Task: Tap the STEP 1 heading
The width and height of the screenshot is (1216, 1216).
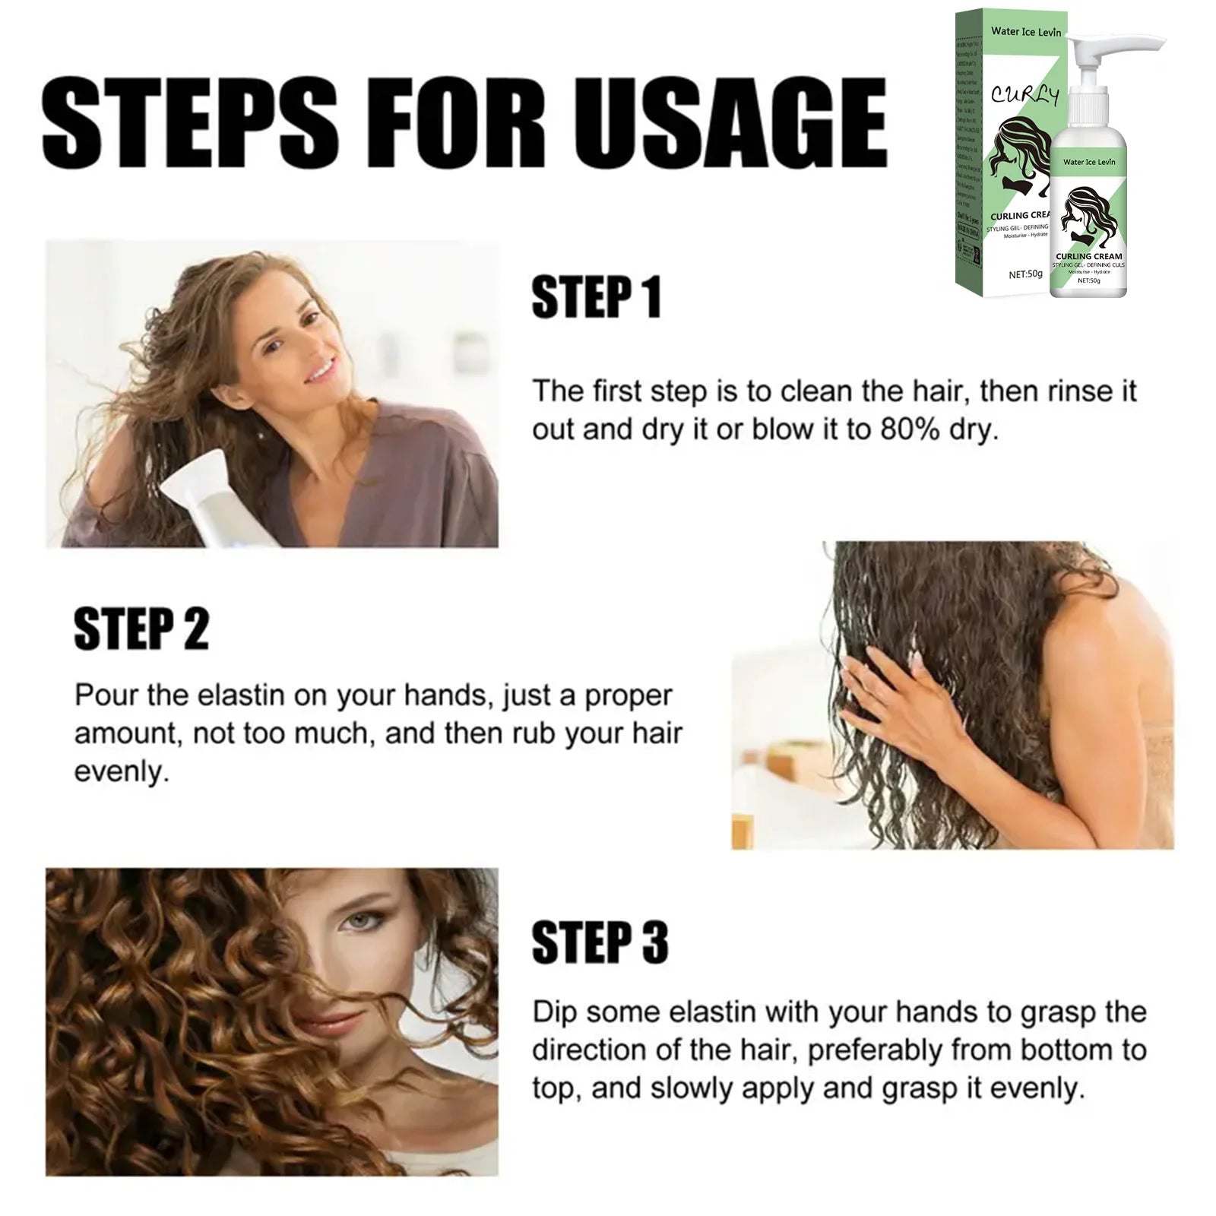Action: tap(596, 297)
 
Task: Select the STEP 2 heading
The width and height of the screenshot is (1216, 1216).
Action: tap(141, 629)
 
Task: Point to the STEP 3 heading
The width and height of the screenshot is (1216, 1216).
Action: tap(600, 942)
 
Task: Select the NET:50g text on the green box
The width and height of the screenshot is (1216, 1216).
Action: tap(1025, 274)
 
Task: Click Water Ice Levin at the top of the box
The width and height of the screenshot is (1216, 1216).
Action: tap(1025, 32)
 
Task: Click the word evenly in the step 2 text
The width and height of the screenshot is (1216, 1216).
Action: tap(121, 771)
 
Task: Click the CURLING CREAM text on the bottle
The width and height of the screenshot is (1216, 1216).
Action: tap(1088, 256)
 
